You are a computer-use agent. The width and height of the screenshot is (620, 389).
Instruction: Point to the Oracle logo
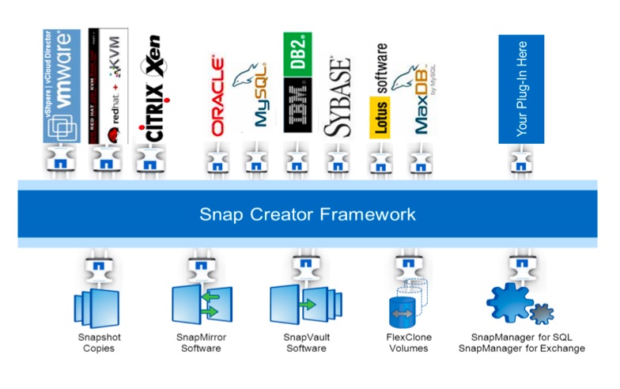pyautogui.click(x=217, y=95)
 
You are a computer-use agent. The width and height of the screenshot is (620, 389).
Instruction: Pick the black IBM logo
pyautogui.click(x=297, y=108)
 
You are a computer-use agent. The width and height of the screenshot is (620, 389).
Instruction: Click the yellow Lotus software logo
pyautogui.click(x=380, y=96)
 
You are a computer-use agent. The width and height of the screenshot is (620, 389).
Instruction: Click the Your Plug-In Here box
pyautogui.click(x=521, y=89)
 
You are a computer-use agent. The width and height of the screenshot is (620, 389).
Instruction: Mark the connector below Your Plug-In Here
pyautogui.click(x=520, y=161)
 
